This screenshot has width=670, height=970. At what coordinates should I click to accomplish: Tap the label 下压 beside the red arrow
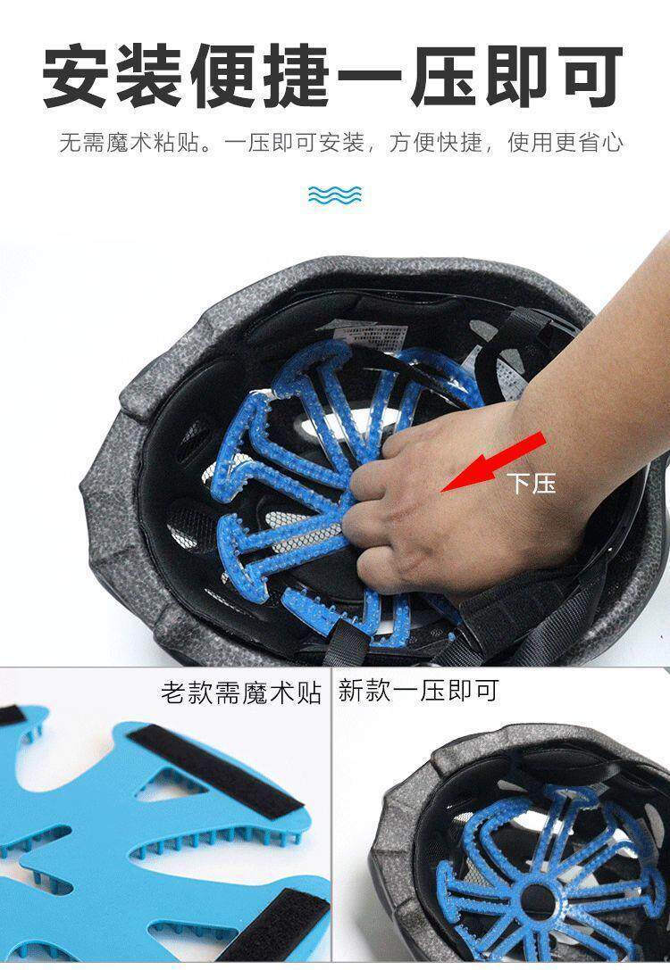click(x=532, y=483)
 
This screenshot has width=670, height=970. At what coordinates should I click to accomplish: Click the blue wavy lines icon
click(x=335, y=195)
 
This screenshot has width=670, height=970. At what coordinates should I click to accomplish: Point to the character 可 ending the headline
click(x=589, y=76)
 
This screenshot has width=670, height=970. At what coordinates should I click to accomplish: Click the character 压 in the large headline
click(x=443, y=76)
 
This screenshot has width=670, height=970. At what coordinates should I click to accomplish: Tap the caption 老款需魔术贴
click(x=241, y=692)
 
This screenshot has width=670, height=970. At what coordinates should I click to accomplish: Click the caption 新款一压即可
click(x=418, y=691)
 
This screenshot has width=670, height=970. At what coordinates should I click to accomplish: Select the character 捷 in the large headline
click(x=297, y=76)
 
